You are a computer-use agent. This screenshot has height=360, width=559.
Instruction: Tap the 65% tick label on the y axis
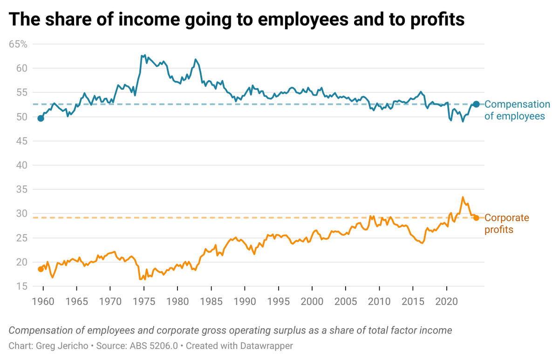(x=18, y=44)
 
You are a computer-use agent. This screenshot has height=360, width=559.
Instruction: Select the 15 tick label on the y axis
(x=23, y=286)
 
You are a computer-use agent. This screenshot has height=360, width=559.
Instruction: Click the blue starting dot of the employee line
(x=41, y=118)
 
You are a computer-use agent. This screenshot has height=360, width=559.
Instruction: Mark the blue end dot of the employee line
(x=476, y=104)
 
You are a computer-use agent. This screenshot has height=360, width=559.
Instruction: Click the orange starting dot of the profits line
(x=41, y=269)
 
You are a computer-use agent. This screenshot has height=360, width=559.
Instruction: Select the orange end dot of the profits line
(x=476, y=217)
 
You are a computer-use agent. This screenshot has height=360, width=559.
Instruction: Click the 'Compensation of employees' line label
(x=517, y=110)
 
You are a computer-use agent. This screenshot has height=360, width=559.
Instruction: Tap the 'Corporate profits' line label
(x=507, y=224)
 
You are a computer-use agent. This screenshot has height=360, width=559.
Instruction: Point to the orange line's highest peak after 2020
(x=463, y=197)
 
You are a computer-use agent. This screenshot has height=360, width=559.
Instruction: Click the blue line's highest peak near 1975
(x=145, y=54)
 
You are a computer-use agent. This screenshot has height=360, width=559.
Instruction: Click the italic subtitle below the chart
(x=230, y=331)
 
